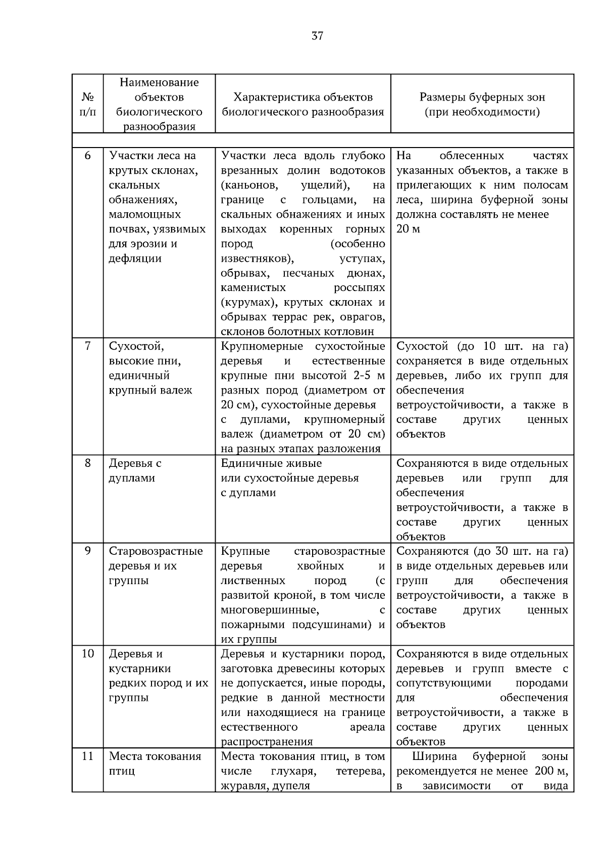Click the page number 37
click(317, 36)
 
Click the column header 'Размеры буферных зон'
click(482, 97)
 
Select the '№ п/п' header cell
click(88, 104)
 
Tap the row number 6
click(88, 156)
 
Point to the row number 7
click(88, 346)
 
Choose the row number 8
click(88, 463)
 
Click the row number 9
click(88, 551)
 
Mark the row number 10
click(88, 653)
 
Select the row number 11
click(88, 756)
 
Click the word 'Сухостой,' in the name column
click(136, 346)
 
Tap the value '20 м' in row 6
click(408, 229)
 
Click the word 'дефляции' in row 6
click(135, 258)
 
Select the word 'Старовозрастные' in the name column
click(156, 551)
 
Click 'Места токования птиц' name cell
click(155, 763)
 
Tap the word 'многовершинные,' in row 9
click(269, 609)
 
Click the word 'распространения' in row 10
click(267, 741)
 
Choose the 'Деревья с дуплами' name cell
click(135, 470)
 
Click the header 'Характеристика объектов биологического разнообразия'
click(303, 104)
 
